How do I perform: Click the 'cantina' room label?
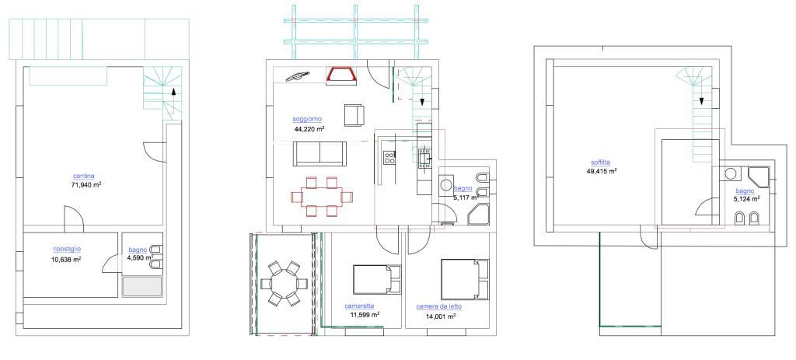pyautogui.click(x=84, y=177)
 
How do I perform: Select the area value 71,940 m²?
pyautogui.click(x=86, y=186)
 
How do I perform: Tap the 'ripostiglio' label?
pyautogui.click(x=66, y=249)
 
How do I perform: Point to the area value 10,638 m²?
pyautogui.click(x=66, y=259)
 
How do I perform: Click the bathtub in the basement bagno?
pyautogui.click(x=142, y=286)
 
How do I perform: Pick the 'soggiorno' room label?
pyautogui.click(x=308, y=119)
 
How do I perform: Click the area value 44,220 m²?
pyautogui.click(x=309, y=129)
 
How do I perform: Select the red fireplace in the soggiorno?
pyautogui.click(x=341, y=75)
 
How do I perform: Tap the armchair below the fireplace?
pyautogui.click(x=354, y=114)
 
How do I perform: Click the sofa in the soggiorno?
pyautogui.click(x=320, y=154)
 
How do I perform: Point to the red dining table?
pyautogui.click(x=320, y=197)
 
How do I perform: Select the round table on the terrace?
pyautogui.click(x=282, y=284)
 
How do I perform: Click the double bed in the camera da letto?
pyautogui.click(x=463, y=278)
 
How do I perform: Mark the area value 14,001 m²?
pyautogui.click(x=440, y=316)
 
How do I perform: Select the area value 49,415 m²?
pyautogui.click(x=602, y=171)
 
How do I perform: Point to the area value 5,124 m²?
pyautogui.click(x=746, y=199)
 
